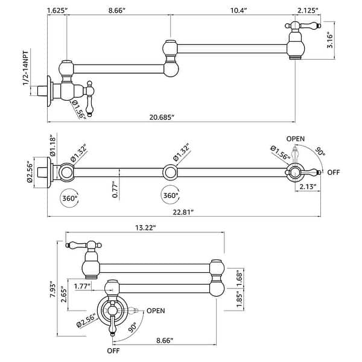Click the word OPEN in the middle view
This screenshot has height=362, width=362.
296,139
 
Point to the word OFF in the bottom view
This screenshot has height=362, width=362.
113,351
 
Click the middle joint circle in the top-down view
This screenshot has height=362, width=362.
171,173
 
